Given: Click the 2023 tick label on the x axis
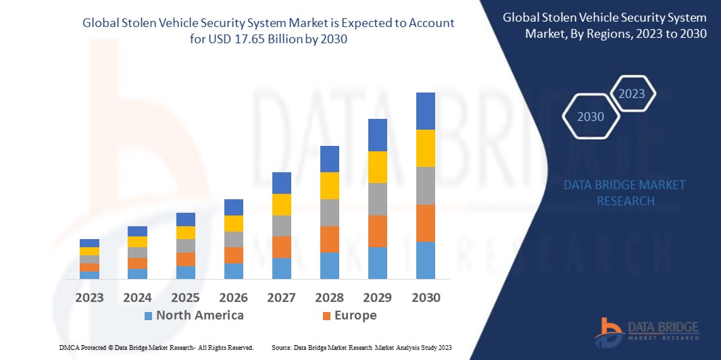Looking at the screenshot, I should click(89, 297).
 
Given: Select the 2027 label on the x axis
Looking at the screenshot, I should click(282, 297).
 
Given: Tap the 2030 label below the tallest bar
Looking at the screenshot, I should click(426, 297).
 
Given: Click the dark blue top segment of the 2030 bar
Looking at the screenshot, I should click(425, 111).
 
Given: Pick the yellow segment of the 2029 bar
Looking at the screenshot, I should click(377, 167).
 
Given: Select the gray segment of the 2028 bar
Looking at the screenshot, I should click(329, 212).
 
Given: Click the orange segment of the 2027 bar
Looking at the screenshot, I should click(282, 247).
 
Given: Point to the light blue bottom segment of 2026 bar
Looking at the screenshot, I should click(234, 271).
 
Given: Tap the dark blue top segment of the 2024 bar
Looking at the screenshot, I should click(137, 231).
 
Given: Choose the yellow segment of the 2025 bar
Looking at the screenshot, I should click(185, 232).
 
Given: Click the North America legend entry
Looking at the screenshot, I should click(199, 315).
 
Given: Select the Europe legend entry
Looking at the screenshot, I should click(355, 315).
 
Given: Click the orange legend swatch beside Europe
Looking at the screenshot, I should click(326, 316).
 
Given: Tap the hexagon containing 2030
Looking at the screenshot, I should click(591, 117).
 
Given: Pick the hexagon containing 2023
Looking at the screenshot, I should click(632, 94).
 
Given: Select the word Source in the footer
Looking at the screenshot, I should click(281, 347).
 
